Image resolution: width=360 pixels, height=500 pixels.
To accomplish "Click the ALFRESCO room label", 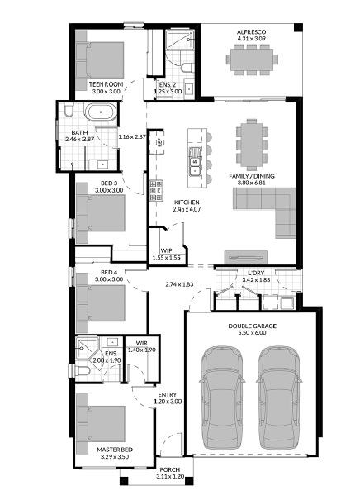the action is click(251, 32).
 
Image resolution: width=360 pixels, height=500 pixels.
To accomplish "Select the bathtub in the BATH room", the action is click(101, 112).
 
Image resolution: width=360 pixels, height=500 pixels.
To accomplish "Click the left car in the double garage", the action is click(222, 398).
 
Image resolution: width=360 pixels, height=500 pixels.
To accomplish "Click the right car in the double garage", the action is click(279, 398).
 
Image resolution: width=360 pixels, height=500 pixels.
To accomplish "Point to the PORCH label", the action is click(170, 469).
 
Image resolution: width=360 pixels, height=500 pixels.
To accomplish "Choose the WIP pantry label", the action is click(166, 251).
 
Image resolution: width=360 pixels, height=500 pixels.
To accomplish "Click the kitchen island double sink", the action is click(194, 161).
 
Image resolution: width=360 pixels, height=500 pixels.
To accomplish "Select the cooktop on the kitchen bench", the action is click(156, 190).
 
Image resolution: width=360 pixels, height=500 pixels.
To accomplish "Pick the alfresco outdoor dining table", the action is click(252, 60).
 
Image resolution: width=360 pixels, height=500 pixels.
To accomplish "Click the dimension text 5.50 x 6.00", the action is click(252, 333).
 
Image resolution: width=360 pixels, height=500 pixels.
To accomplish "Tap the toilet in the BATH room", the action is click(69, 109).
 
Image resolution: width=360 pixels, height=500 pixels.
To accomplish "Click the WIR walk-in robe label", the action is click(141, 344).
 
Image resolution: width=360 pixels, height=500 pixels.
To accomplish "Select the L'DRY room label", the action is click(256, 273).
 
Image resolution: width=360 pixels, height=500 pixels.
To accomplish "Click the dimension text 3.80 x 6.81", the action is click(251, 183).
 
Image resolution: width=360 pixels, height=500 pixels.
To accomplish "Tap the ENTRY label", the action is click(168, 395).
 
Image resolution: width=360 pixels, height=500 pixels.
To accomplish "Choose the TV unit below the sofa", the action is click(245, 257).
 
